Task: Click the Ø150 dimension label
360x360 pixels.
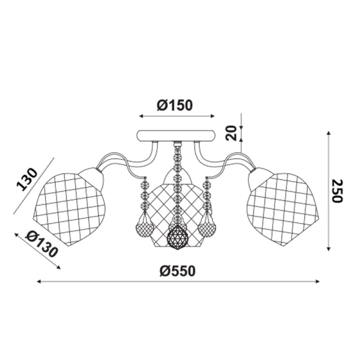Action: tap(175, 106)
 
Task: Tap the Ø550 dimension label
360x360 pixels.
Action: tap(178, 271)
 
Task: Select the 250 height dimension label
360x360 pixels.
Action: tap(338, 191)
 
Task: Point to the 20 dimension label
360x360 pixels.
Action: tap(231, 133)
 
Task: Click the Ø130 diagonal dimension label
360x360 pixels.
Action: tap(41, 244)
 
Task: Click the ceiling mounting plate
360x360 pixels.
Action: tap(176, 136)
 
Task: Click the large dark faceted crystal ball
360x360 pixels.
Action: tap(178, 238)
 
